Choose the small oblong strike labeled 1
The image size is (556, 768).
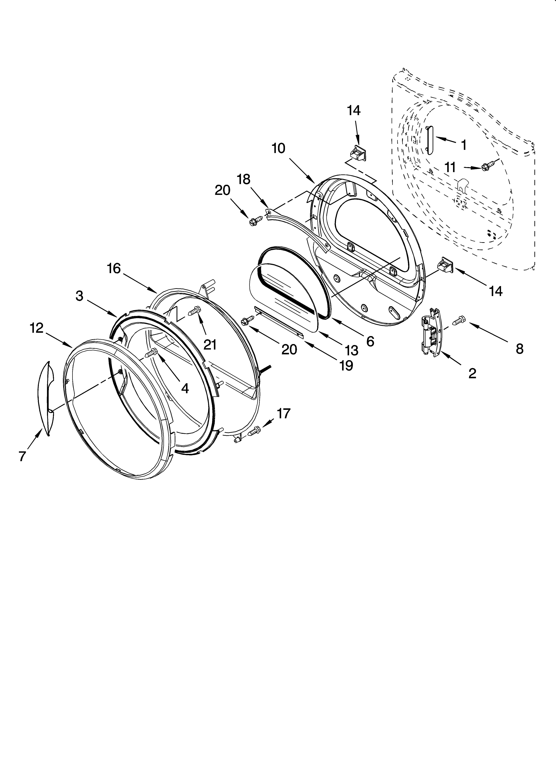430,140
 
